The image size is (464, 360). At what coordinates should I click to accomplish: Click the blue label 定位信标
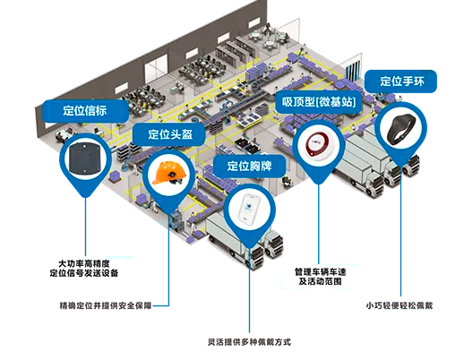pyautogui.click(x=85, y=111)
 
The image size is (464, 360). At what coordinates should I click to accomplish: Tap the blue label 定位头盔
pyautogui.click(x=169, y=134)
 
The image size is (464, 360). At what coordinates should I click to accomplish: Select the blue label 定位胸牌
pyautogui.click(x=249, y=166)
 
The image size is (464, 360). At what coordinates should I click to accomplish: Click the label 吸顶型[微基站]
pyautogui.click(x=319, y=102)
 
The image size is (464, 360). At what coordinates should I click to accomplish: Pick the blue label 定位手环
pyautogui.click(x=400, y=81)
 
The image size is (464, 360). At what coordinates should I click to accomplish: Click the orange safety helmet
pyautogui.click(x=168, y=173)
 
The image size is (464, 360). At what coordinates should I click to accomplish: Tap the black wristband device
pyautogui.click(x=400, y=129)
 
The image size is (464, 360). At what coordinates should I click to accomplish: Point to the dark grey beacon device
pyautogui.click(x=85, y=158)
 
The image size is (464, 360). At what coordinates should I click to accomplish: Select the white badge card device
pyautogui.click(x=249, y=210)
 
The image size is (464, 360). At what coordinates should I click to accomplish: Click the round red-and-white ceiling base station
pyautogui.click(x=318, y=145)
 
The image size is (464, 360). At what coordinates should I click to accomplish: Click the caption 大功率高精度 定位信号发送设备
pyautogui.click(x=84, y=268)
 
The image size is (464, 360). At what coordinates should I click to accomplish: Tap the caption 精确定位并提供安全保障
pyautogui.click(x=106, y=305)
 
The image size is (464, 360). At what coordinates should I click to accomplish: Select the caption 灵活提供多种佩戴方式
pyautogui.click(x=249, y=342)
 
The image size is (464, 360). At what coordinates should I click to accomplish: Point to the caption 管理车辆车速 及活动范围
pyautogui.click(x=321, y=277)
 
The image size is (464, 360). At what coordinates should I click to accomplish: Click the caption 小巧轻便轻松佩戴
pyautogui.click(x=400, y=305)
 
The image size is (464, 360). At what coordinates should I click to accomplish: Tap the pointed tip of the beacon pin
pyautogui.click(x=86, y=197)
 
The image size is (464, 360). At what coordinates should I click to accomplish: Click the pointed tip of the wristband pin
pyautogui.click(x=401, y=166)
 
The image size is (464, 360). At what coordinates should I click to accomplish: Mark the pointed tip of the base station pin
pyautogui.click(x=319, y=184)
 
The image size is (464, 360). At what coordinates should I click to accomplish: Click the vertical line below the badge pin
pyautogui.click(x=249, y=290)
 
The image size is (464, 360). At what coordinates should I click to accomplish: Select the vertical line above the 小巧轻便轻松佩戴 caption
pyautogui.click(x=401, y=231)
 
